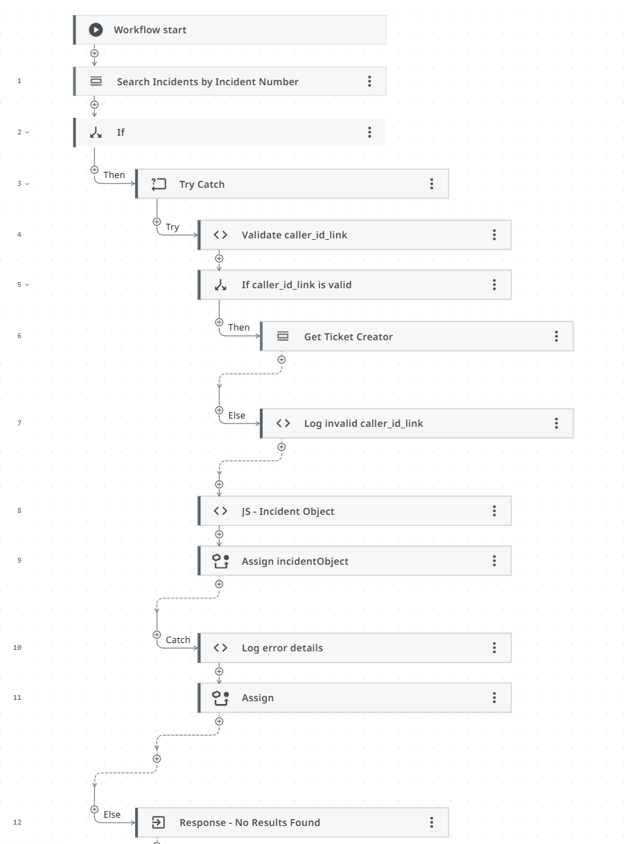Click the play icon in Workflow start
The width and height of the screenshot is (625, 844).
[96, 30]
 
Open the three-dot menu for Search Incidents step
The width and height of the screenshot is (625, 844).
[369, 81]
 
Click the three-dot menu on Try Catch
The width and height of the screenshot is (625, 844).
[432, 184]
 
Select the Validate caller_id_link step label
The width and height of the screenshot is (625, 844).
[294, 235]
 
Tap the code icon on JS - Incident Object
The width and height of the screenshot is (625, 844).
[220, 511]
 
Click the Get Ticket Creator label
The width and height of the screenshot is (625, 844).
[348, 337]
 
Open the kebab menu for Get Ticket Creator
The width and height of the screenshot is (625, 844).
[556, 336]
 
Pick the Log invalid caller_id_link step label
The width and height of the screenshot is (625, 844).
[363, 423]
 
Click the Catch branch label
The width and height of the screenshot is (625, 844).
[178, 640]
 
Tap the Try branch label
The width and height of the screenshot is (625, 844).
[173, 227]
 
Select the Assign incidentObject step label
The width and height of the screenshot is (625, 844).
[294, 561]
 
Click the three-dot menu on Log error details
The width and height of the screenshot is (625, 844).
[494, 647]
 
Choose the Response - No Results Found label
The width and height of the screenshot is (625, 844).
[249, 823]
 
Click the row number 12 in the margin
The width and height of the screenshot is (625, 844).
[17, 823]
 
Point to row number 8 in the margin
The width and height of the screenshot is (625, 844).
[19, 511]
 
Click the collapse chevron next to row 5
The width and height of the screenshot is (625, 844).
[28, 285]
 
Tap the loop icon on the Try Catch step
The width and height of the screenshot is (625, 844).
[159, 184]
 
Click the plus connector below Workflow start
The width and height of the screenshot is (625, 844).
[95, 53]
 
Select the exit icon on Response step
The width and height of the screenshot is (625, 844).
[158, 823]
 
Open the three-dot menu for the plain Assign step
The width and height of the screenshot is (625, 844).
[494, 697]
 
